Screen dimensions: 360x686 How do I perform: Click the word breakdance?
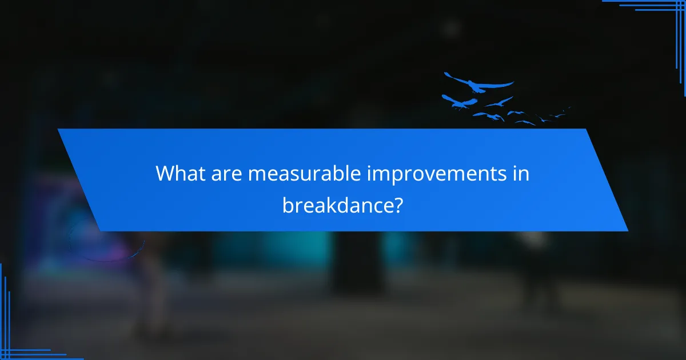336,204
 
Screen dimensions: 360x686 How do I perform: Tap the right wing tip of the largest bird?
512,83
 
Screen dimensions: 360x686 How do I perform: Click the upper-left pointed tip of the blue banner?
58,129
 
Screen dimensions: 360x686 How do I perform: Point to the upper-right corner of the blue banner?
585,129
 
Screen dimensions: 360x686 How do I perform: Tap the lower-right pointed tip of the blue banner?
627,230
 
